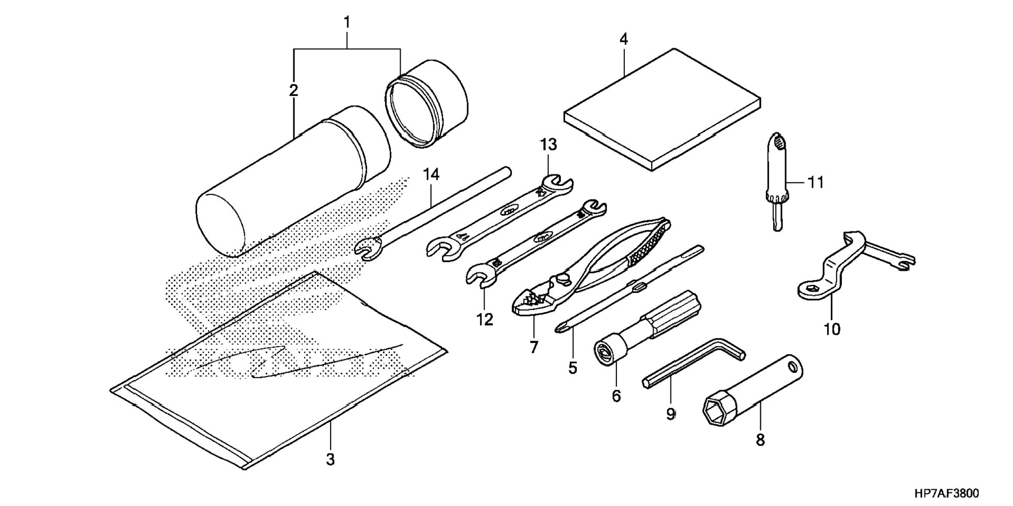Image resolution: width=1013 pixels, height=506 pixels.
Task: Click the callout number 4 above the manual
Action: tap(623, 39)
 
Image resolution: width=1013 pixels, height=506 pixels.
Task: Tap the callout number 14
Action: tap(431, 174)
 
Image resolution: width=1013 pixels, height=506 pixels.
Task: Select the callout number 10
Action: tap(832, 329)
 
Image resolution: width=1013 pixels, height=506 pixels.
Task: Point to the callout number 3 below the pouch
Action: tap(330, 459)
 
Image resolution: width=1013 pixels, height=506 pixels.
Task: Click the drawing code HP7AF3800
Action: tap(946, 493)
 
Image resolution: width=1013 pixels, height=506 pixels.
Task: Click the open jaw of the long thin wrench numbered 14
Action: tap(367, 248)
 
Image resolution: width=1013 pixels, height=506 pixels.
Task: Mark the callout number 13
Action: tap(548, 145)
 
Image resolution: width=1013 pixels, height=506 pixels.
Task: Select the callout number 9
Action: tap(670, 414)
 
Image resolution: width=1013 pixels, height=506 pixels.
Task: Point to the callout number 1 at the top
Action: tap(347, 23)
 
